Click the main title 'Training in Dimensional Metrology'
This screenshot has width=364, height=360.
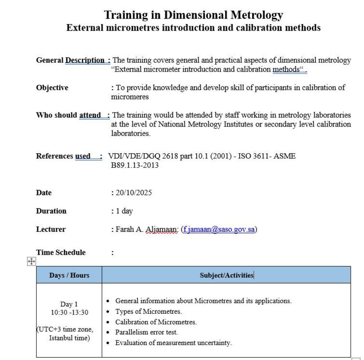point(193,15)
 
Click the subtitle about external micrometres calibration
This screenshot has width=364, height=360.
point(193,28)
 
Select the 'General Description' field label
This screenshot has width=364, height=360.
point(72,60)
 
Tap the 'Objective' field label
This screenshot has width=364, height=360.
point(52,87)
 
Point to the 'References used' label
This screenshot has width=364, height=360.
point(68,156)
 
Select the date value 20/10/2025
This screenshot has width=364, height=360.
point(134,193)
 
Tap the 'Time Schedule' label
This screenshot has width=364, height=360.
point(61,253)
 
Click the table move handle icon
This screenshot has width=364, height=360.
point(31,261)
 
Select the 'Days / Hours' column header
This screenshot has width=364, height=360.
point(69,275)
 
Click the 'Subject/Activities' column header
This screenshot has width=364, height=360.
point(226,275)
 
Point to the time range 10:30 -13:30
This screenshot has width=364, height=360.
point(70,312)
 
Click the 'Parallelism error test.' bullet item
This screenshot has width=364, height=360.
point(146,332)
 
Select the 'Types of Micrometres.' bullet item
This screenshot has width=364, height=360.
point(148,312)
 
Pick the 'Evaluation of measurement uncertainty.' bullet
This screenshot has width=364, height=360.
point(173,343)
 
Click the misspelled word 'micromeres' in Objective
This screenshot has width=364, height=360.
point(130,97)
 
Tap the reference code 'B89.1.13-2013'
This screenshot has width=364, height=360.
point(135,165)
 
